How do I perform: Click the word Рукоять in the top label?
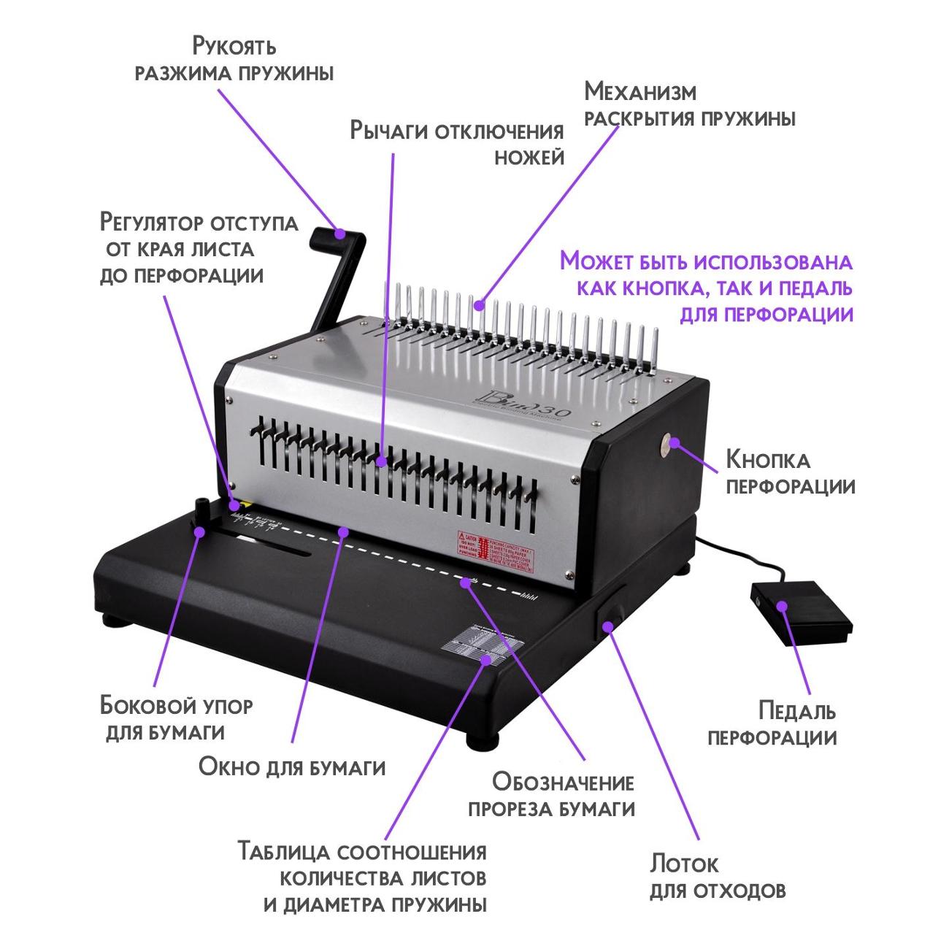coord(234,46)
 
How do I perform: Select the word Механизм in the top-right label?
coord(640,92)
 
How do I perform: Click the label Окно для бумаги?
coord(292,767)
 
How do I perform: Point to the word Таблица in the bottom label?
coord(285,852)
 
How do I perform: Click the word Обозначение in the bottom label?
coord(563,783)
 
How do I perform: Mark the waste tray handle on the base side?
coord(607,613)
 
